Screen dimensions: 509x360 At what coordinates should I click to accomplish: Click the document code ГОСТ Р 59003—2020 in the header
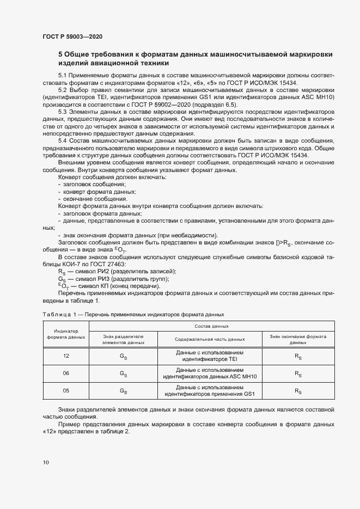(x=72, y=36)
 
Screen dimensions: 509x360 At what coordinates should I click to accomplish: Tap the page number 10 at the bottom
(x=45, y=463)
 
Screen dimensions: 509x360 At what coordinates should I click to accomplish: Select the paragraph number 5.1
(x=62, y=75)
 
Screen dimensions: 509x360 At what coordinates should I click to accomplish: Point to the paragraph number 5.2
(x=62, y=89)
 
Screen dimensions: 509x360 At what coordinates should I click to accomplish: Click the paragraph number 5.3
(x=62, y=111)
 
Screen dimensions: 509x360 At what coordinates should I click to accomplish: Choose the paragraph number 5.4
(x=62, y=140)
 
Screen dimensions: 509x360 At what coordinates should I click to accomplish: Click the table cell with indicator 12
(x=66, y=355)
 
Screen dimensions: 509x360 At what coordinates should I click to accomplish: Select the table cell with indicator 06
(x=66, y=373)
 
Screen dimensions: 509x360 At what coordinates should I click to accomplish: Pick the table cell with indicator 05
(x=66, y=391)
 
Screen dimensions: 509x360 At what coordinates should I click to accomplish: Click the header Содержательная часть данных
(x=210, y=339)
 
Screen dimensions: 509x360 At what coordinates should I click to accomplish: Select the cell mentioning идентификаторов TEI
(x=210, y=356)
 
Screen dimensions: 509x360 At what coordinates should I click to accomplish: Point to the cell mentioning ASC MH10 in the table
(x=210, y=373)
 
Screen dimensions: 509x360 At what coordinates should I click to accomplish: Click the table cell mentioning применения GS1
(x=210, y=391)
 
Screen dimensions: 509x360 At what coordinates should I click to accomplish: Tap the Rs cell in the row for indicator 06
(x=298, y=374)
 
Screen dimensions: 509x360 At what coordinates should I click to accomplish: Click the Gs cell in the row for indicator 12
(x=123, y=356)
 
